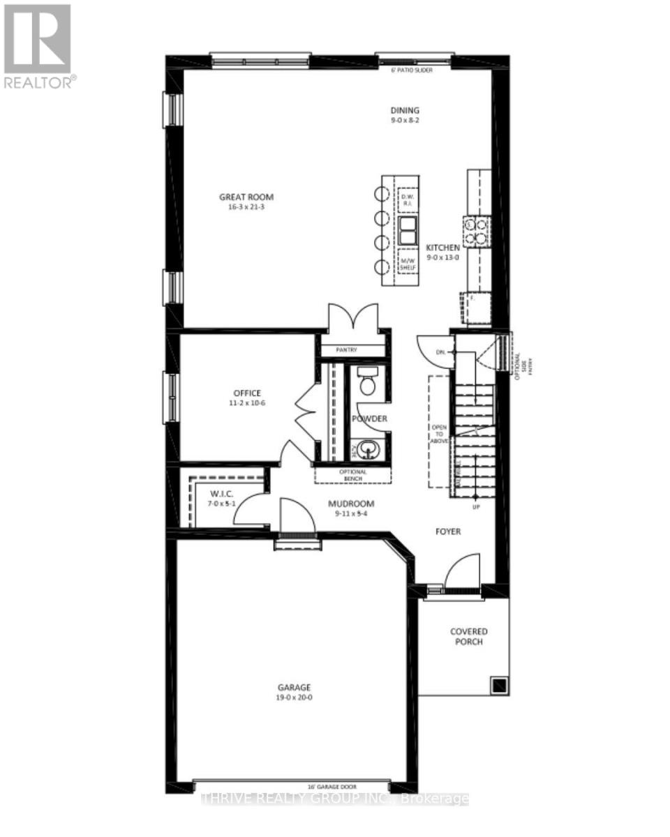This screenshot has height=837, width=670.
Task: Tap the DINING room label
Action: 405,110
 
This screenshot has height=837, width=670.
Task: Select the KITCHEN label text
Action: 443,248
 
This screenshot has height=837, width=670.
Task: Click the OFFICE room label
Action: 247,393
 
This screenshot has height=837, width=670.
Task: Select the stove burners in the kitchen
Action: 476,232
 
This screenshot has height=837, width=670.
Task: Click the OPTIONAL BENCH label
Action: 352,475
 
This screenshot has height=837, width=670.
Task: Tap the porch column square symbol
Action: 500,686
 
